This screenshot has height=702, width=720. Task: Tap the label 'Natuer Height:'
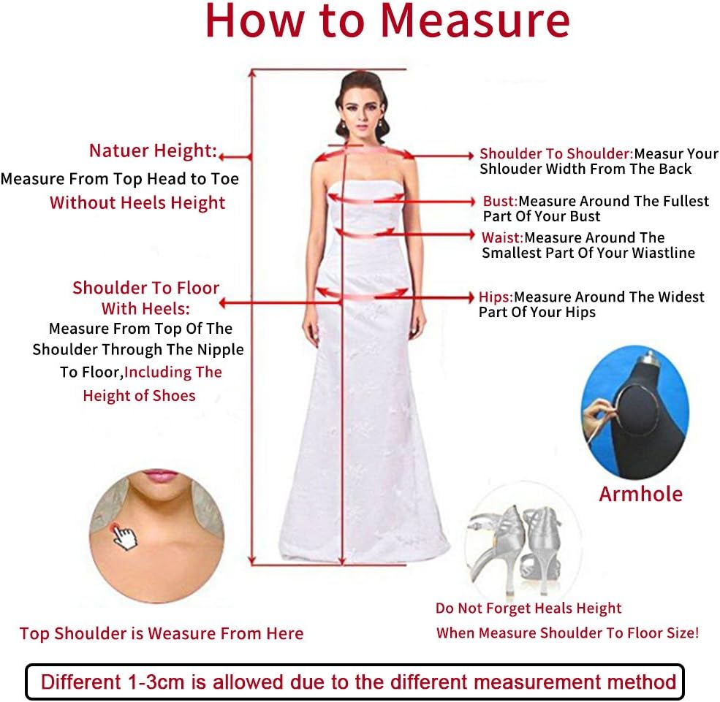pyautogui.click(x=153, y=150)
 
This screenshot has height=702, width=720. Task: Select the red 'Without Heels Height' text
pyautogui.click(x=137, y=202)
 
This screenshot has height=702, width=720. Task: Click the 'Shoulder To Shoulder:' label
pyautogui.click(x=556, y=153)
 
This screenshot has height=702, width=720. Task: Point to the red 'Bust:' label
pyautogui.click(x=500, y=201)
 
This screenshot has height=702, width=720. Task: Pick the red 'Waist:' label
pyautogui.click(x=502, y=237)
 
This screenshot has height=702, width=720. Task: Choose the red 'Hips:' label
pyautogui.click(x=496, y=297)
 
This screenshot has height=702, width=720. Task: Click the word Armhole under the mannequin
pyautogui.click(x=640, y=494)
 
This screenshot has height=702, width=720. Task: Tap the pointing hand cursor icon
pyautogui.click(x=125, y=538)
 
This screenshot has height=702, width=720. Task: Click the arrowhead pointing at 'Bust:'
pyautogui.click(x=472, y=201)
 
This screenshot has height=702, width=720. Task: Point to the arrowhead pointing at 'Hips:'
pyautogui.click(x=471, y=297)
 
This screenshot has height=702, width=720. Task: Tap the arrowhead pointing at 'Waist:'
pyautogui.click(x=471, y=235)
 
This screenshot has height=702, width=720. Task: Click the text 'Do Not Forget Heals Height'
pyautogui.click(x=528, y=608)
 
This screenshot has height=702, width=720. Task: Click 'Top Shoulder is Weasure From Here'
pyautogui.click(x=161, y=633)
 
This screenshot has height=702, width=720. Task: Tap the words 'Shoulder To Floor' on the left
pyautogui.click(x=145, y=288)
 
